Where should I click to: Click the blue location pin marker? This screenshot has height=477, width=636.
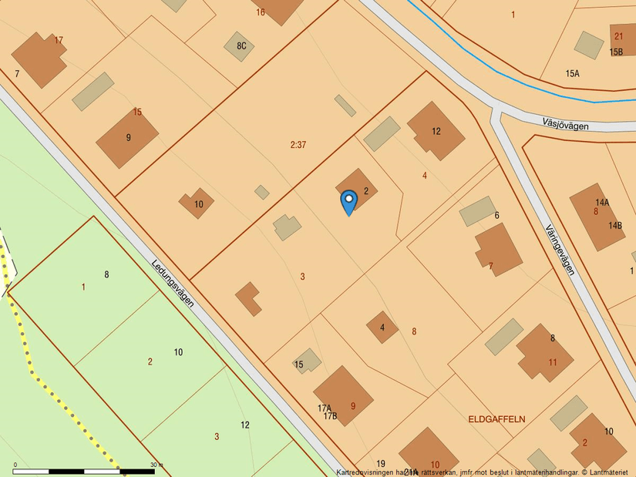[x=348, y=201]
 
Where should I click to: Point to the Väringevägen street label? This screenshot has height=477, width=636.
[x=560, y=250]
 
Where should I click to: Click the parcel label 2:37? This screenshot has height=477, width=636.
[x=298, y=144]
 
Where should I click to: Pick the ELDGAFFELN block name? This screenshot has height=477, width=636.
[x=496, y=419]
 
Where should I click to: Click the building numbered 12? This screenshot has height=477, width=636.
[x=436, y=131]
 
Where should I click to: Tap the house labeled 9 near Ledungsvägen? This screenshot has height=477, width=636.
[x=128, y=138]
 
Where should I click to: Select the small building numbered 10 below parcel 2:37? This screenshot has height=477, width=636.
[x=197, y=204]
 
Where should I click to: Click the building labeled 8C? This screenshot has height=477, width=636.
[x=240, y=46]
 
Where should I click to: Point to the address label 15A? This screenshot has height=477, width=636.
[x=572, y=73]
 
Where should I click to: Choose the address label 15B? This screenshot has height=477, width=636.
[x=616, y=52]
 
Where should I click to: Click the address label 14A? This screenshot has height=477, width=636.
[x=602, y=203]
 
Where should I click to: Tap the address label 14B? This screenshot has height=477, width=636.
[x=615, y=226]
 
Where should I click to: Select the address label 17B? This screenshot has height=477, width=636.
[x=330, y=416]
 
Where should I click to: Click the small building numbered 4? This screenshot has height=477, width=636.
[x=382, y=328]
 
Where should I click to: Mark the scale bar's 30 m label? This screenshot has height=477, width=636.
[x=156, y=465]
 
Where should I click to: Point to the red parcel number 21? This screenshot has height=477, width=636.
[x=618, y=36]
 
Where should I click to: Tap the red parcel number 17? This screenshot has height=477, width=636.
[x=59, y=40]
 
